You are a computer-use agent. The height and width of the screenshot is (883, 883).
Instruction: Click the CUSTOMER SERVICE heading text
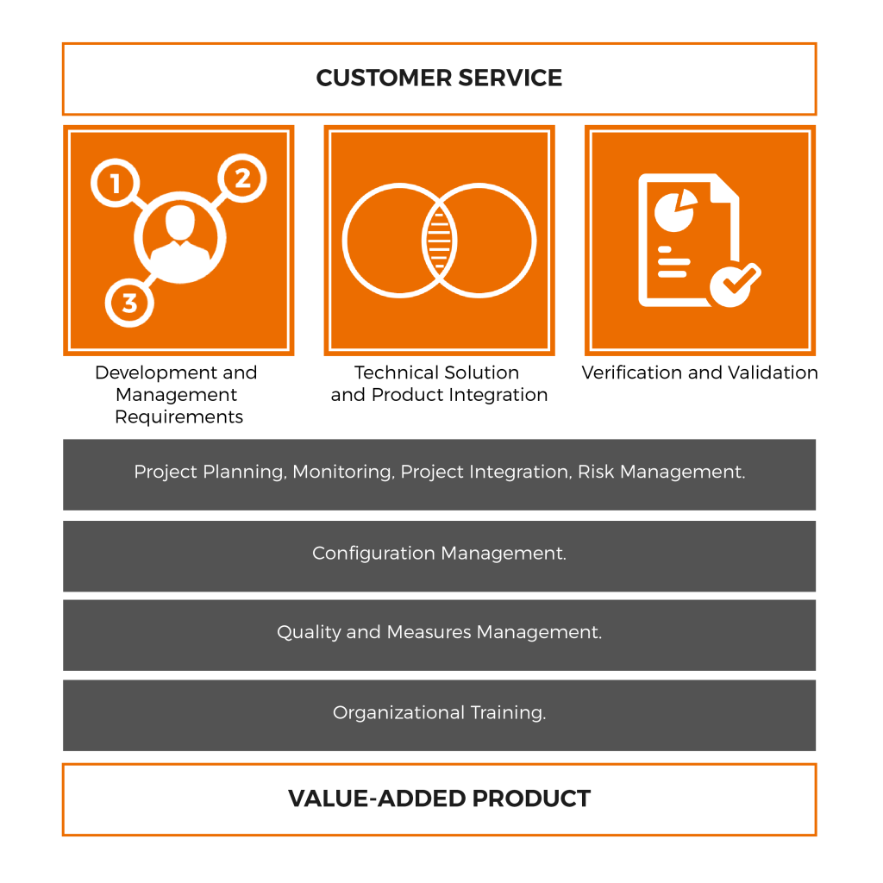(439, 78)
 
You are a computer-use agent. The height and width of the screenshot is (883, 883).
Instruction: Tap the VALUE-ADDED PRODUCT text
(439, 798)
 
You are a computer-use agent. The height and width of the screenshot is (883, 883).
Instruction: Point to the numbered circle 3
(128, 303)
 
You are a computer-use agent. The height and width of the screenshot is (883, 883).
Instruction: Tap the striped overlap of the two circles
(439, 240)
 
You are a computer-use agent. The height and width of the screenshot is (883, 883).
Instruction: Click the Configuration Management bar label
(439, 554)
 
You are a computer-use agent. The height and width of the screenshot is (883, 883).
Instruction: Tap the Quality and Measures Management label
(439, 633)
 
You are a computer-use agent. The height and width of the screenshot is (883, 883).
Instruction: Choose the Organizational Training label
(439, 713)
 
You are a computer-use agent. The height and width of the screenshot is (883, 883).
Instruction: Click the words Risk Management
(661, 473)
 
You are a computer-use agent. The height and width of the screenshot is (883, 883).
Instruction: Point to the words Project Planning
(210, 473)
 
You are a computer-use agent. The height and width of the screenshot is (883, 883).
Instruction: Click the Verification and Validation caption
(699, 373)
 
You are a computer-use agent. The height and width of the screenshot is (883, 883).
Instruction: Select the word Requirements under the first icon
(178, 417)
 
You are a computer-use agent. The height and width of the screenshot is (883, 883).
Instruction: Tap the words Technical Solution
(436, 373)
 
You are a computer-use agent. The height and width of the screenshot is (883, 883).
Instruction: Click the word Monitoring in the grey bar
(341, 473)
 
